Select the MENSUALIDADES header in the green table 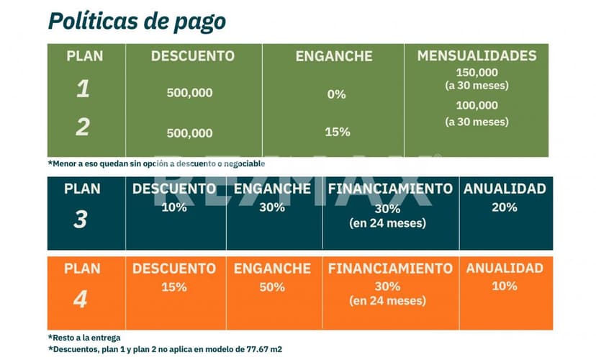point(477,55)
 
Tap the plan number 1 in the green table point(83,89)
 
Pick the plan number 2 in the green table point(83,127)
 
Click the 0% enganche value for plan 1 point(336,94)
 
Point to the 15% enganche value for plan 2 point(337,132)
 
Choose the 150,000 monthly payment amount point(477,72)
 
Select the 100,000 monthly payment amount point(477,105)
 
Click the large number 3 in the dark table point(81,220)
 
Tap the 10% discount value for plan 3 point(174,207)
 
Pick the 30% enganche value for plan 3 point(273,207)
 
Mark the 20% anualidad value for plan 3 point(505,207)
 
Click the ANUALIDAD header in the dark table point(505,189)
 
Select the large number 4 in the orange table point(81,299)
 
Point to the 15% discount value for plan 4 point(174,287)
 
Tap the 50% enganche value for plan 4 point(273,287)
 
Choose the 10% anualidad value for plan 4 point(505,286)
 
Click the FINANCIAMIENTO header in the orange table point(390,269)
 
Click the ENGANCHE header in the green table point(334,56)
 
